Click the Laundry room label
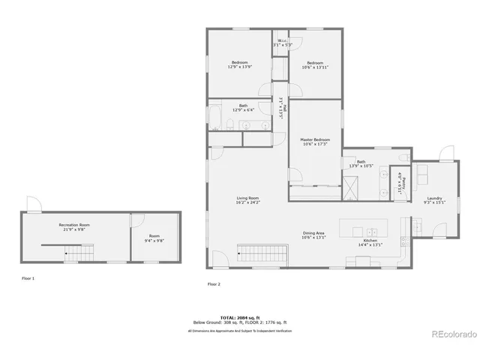click(x=435, y=199)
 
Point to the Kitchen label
click(x=370, y=242)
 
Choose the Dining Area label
click(x=313, y=235)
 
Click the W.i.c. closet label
click(x=282, y=43)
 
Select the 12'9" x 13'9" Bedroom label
click(x=240, y=64)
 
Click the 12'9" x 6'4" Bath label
click(x=243, y=108)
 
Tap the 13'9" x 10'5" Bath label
click(x=361, y=163)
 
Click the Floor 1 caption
click(x=28, y=278)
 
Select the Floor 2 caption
click(x=213, y=284)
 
